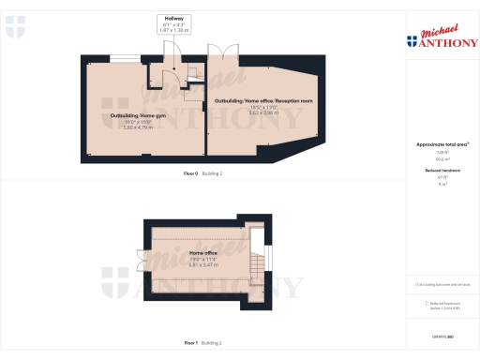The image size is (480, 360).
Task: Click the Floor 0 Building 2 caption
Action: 203,173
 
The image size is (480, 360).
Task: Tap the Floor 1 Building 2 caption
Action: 203,343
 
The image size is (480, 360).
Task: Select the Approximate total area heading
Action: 442,143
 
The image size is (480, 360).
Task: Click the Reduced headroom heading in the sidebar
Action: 442,170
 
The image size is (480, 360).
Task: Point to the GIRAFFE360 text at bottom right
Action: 442,336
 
